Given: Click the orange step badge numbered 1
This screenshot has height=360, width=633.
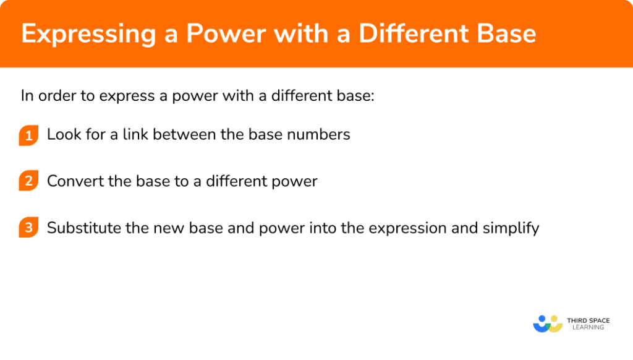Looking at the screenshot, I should [x=28, y=135].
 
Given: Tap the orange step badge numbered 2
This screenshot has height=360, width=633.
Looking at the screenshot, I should [x=28, y=182].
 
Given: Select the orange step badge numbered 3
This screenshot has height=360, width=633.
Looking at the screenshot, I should [x=28, y=228].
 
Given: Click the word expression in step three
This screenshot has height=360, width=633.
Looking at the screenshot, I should [x=404, y=229].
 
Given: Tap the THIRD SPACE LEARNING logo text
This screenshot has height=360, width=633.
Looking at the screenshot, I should [x=588, y=324].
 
